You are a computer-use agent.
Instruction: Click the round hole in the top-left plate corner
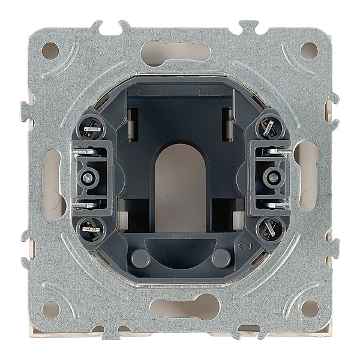point(50,51)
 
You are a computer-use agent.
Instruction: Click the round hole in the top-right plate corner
point(309,51)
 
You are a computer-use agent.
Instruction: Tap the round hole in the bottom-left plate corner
point(50,309)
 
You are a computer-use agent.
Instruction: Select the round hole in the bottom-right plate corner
point(310,309)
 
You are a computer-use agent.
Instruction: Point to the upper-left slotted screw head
point(92,129)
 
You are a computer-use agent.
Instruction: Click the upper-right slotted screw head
point(269,127)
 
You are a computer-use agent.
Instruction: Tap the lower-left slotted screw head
point(92,229)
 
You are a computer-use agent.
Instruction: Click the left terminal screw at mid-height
point(88,178)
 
